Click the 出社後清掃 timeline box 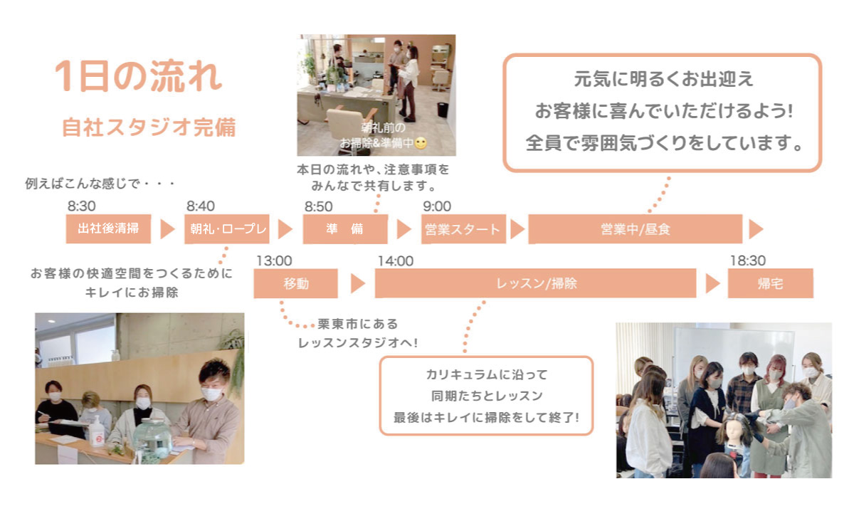click(108, 229)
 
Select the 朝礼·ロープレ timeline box click(227, 229)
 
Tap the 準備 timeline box click(345, 229)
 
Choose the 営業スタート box click(463, 229)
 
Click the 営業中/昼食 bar click(635, 229)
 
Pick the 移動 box click(296, 283)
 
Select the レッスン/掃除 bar click(536, 283)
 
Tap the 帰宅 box click(771, 283)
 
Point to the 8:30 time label click(82, 206)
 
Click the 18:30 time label click(748, 260)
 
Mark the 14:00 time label click(396, 261)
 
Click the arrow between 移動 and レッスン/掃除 click(358, 283)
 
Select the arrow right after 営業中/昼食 click(756, 229)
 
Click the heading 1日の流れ click(138, 76)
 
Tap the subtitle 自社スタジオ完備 click(149, 127)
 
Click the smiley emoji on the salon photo click(421, 143)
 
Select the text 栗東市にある click(357, 324)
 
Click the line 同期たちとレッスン click(487, 396)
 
